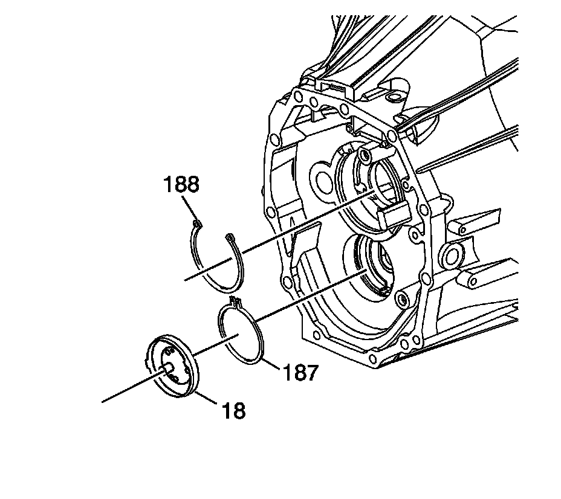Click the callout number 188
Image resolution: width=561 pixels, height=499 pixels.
point(181,184)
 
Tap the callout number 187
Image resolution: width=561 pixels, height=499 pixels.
point(300,373)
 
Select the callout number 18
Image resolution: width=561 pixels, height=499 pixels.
point(233,411)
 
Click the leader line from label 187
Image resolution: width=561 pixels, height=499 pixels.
point(271,362)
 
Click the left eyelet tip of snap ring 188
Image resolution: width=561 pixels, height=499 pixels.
point(197,225)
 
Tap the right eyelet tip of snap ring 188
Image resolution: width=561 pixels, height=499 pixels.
point(229,236)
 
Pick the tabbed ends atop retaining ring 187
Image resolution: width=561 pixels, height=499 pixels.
point(236,301)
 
